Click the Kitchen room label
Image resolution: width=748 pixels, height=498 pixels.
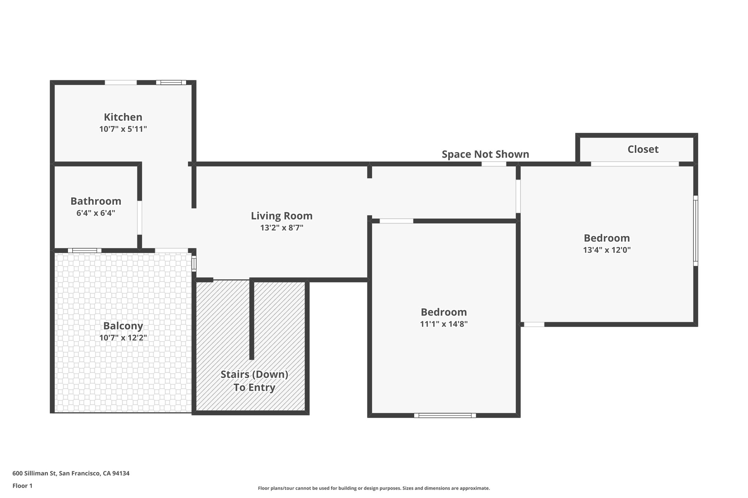click(x=123, y=117)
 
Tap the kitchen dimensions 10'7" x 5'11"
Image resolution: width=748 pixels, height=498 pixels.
click(x=123, y=129)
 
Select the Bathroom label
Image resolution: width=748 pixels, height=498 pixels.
click(x=96, y=201)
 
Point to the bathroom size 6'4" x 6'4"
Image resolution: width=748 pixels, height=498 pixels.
click(x=96, y=213)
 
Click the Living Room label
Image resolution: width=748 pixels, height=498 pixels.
click(x=282, y=216)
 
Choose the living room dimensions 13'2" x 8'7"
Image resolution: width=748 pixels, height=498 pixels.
click(x=282, y=228)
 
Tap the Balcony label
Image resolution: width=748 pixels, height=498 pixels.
click(x=123, y=325)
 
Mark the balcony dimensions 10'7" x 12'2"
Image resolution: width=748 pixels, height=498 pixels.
click(x=123, y=338)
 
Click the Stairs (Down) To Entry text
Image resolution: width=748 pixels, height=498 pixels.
click(x=254, y=381)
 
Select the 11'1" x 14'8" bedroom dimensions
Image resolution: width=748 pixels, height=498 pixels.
click(x=444, y=324)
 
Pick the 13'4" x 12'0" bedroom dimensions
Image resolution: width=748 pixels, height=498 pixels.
click(x=607, y=250)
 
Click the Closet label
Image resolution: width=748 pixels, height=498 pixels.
click(x=643, y=149)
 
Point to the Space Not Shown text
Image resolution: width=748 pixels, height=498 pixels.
click(x=485, y=154)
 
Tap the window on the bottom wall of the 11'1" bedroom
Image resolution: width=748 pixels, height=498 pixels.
click(x=445, y=415)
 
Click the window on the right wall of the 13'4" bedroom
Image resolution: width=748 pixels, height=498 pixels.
click(x=695, y=231)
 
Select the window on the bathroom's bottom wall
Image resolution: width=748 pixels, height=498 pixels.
click(x=85, y=250)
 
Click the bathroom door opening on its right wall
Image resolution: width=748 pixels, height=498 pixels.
click(x=140, y=217)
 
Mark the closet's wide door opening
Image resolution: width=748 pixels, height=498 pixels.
click(x=635, y=164)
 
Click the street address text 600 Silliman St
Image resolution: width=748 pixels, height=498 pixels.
click(x=71, y=474)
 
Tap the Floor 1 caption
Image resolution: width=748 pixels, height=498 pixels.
click(x=22, y=486)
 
